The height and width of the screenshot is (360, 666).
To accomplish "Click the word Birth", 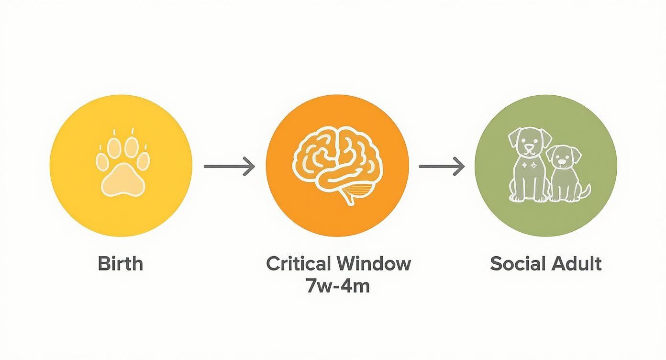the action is [x=121, y=263].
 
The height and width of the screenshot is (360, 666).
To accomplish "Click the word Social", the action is [x=518, y=263].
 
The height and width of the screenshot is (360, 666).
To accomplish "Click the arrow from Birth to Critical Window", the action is [x=229, y=166].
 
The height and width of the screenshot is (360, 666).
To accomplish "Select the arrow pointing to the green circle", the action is [x=442, y=166].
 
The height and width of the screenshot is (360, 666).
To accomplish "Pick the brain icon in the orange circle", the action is [x=338, y=166].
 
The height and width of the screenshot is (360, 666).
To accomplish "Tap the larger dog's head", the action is [x=530, y=142].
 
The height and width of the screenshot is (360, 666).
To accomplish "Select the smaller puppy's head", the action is [x=564, y=157].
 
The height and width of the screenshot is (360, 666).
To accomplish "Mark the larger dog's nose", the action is [x=529, y=147].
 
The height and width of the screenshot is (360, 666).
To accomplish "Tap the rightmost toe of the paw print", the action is [x=144, y=161].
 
